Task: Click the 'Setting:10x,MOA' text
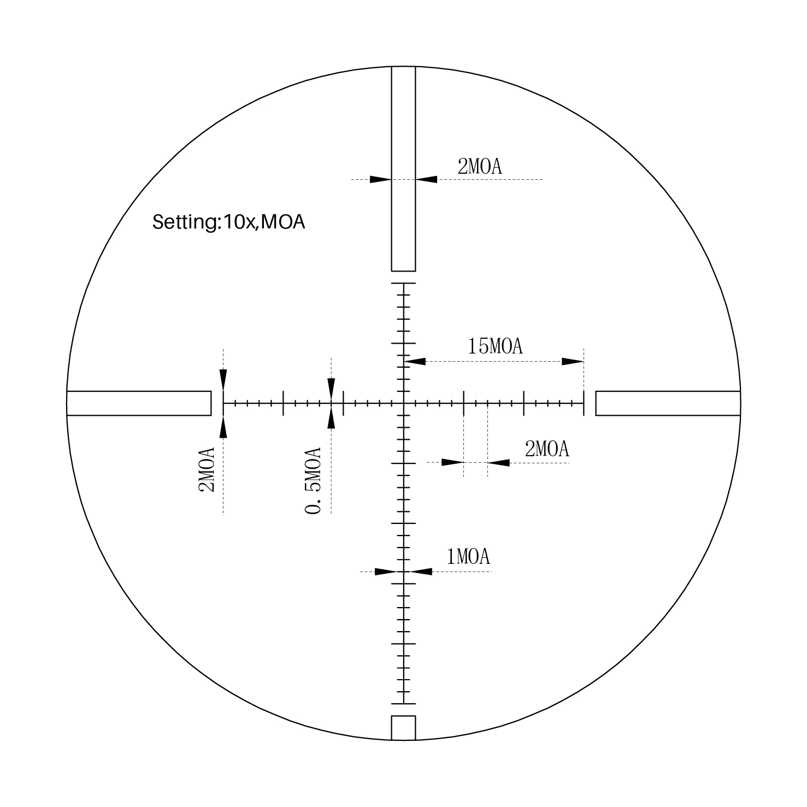point(228,222)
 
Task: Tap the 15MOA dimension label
point(495,346)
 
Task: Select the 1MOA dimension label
point(468,557)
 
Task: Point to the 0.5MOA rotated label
point(313,481)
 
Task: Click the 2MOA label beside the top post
point(479,166)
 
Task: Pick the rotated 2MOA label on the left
point(206,470)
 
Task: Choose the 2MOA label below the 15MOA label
point(547,449)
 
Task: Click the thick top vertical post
point(403,169)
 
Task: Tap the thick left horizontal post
point(139,403)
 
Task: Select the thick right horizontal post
point(668,403)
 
